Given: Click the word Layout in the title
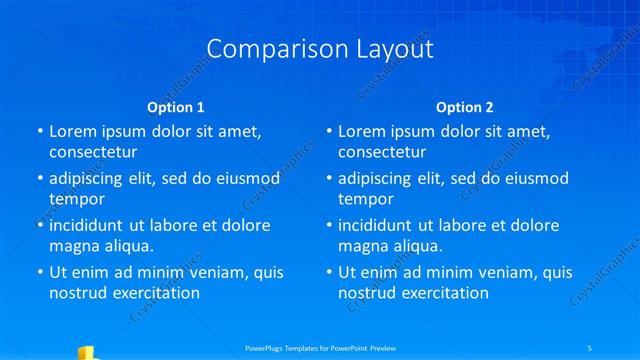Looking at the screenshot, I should [392, 49].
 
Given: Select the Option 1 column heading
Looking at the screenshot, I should [176, 107].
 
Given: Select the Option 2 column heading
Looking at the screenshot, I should [465, 107].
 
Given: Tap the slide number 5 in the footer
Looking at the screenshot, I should [590, 348].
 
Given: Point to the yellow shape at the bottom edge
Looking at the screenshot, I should [86, 352].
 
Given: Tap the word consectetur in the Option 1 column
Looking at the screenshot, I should [93, 152].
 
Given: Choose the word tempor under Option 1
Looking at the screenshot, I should [77, 199].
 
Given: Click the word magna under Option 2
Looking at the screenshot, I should [363, 246].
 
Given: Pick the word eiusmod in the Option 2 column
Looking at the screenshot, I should [535, 178].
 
